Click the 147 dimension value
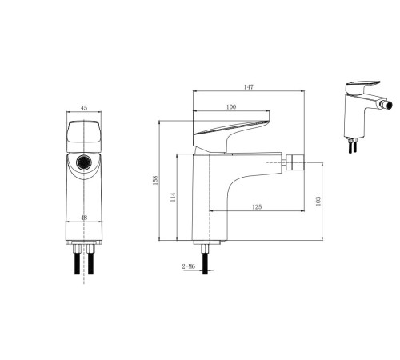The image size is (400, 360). [249, 87]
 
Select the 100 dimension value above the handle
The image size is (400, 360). [231, 107]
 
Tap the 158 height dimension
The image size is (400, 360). [155, 180]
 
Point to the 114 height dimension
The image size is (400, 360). [173, 197]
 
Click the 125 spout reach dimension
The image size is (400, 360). [257, 206]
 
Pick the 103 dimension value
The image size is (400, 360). [318, 201]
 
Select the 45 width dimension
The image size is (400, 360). [84, 108]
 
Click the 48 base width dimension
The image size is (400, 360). [84, 218]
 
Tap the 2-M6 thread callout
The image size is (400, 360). [189, 266]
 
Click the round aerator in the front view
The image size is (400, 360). [84, 162]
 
